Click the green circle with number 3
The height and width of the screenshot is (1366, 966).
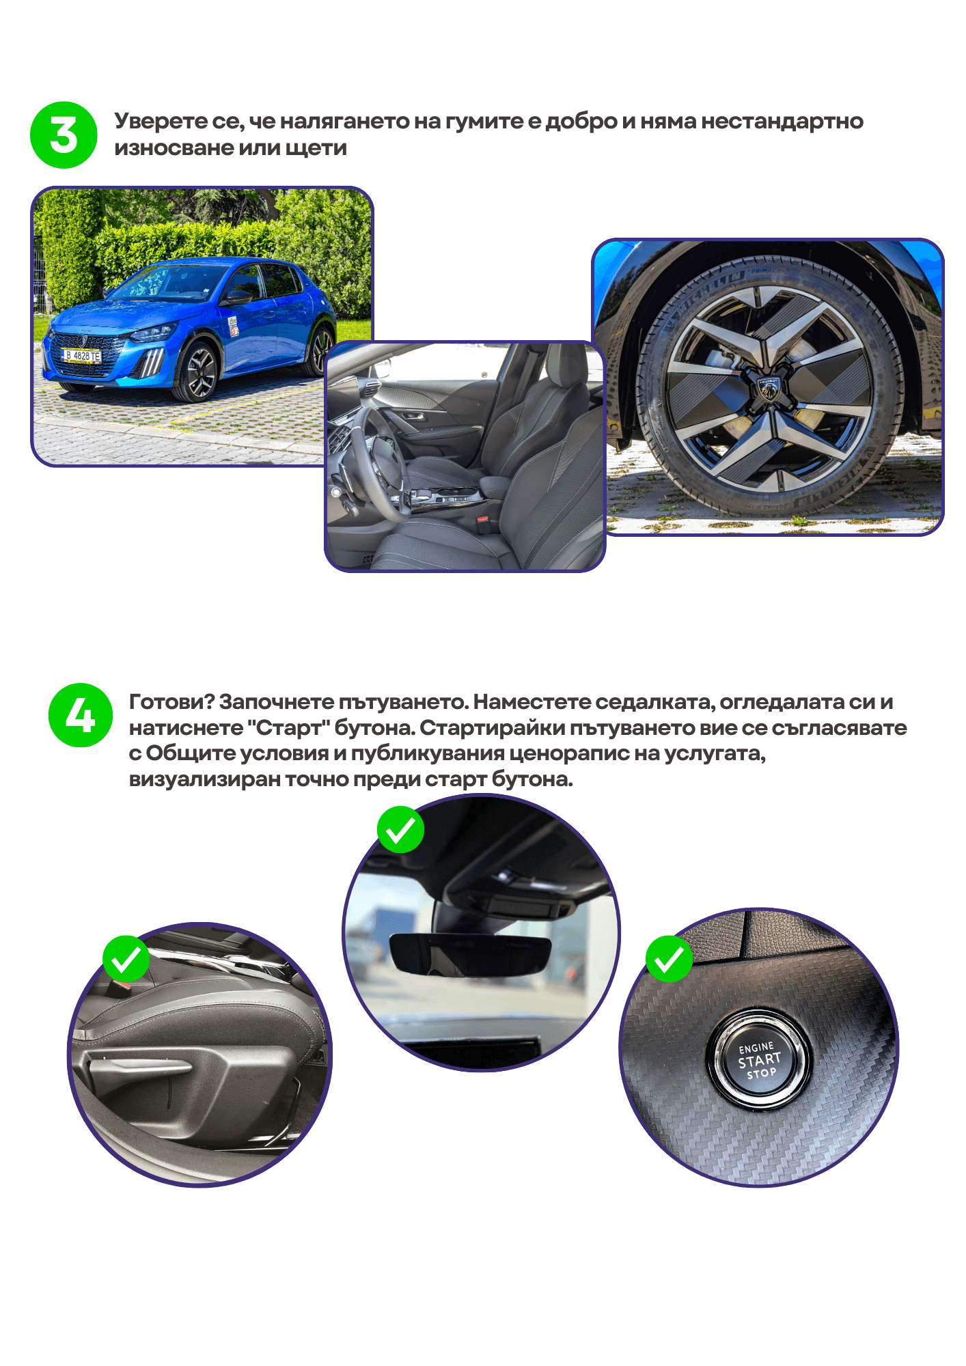pyautogui.click(x=64, y=135)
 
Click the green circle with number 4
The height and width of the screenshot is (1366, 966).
pyautogui.click(x=81, y=715)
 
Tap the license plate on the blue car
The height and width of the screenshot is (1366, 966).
pyautogui.click(x=82, y=356)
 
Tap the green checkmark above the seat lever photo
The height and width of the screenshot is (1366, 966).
pyautogui.click(x=126, y=959)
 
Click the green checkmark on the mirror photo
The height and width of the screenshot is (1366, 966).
pyautogui.click(x=401, y=830)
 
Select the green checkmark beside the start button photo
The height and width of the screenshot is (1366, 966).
pyautogui.click(x=669, y=959)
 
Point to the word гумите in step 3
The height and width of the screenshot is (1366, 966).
pyautogui.click(x=484, y=122)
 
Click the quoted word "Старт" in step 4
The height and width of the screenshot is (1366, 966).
pyautogui.click(x=288, y=728)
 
